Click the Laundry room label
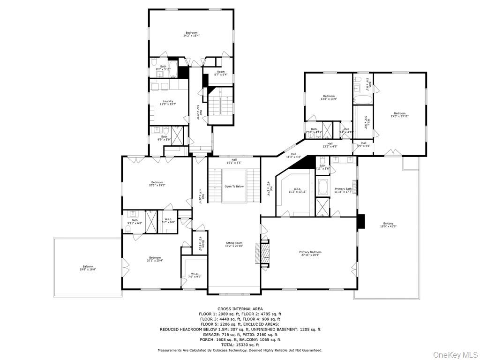tap(168, 103)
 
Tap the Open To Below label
tap(234, 186)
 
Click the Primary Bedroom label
tap(310, 254)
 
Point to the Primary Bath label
tap(343, 190)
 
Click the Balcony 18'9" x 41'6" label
tap(388, 225)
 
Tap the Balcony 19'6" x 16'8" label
tap(88, 268)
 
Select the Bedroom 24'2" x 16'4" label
tap(191, 34)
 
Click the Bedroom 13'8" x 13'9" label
tap(329, 97)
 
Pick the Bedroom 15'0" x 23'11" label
tap(399, 114)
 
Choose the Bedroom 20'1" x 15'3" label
tap(157, 184)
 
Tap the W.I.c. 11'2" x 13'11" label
tap(297, 190)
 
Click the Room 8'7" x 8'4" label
tap(220, 73)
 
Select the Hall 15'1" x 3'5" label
tap(234, 161)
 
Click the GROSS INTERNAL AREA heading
tap(240, 308)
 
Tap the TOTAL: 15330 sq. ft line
tap(240, 345)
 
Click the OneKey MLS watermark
tap(454, 354)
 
